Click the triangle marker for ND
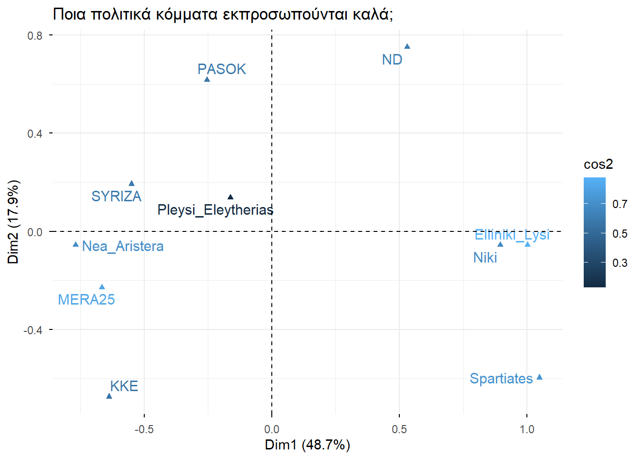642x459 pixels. click(407, 46)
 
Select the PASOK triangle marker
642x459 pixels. click(207, 79)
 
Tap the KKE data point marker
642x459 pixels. click(109, 396)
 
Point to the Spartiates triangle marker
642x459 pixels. click(539, 377)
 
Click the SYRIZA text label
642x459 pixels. click(116, 197)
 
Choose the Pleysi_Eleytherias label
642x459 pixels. click(215, 210)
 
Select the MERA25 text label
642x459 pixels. click(86, 300)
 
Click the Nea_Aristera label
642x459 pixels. click(123, 246)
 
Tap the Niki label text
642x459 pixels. click(485, 258)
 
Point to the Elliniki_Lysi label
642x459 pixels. click(512, 235)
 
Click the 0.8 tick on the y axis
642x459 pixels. click(35, 35)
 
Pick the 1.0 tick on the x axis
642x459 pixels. click(527, 429)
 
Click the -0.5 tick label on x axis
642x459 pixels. click(144, 429)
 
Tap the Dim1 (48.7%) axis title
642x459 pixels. click(307, 445)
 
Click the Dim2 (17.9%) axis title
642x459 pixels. click(13, 222)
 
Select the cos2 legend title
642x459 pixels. click(598, 164)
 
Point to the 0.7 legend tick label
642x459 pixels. click(620, 204)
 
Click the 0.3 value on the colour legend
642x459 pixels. click(620, 263)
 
